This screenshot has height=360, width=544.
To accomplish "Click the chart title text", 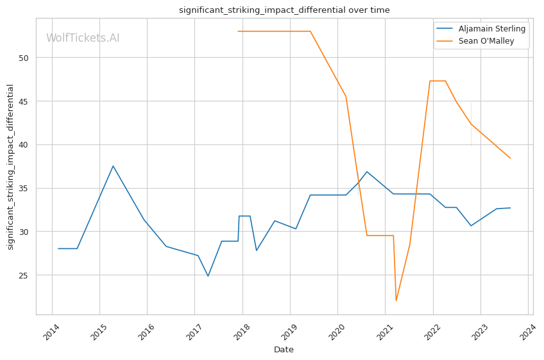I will pyautogui.click(x=284, y=10).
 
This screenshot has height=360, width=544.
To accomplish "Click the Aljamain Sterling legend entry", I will pyautogui.click(x=492, y=29).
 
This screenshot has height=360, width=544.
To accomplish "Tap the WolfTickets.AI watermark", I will pyautogui.click(x=83, y=39).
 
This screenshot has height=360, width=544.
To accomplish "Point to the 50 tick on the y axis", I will pyautogui.click(x=24, y=58).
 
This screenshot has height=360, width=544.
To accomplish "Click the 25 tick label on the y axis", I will pyautogui.click(x=24, y=275).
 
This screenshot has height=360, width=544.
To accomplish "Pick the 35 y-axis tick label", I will pyautogui.click(x=24, y=189).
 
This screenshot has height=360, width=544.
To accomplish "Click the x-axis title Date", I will pyautogui.click(x=284, y=350).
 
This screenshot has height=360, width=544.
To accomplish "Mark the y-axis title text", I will pyautogui.click(x=10, y=167).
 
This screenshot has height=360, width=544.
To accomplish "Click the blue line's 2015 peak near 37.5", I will pyautogui.click(x=113, y=166).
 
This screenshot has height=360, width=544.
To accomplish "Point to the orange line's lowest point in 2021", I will pyautogui.click(x=396, y=300).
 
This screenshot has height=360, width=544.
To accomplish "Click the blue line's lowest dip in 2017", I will pyautogui.click(x=208, y=276).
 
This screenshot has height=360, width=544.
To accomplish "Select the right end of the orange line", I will pyautogui.click(x=510, y=158).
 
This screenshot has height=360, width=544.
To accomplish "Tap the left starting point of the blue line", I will pyautogui.click(x=58, y=248).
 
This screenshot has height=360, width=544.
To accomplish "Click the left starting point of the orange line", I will pyautogui.click(x=238, y=31).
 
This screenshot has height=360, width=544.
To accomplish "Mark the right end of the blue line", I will pyautogui.click(x=510, y=208).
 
